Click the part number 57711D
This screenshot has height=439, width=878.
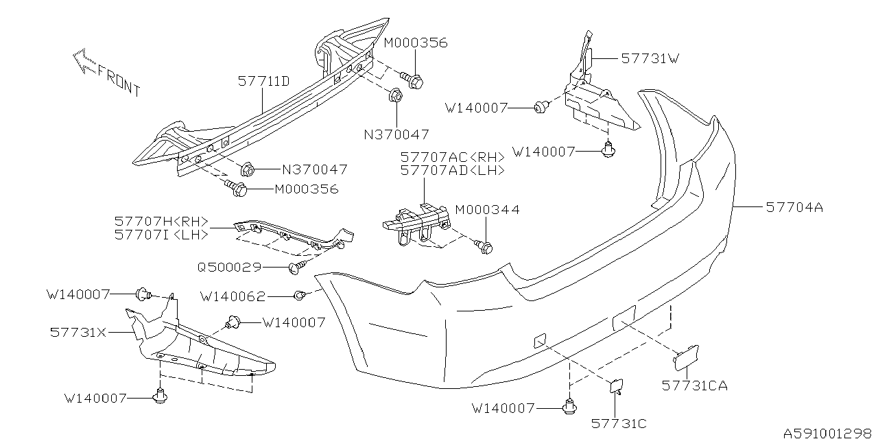263,82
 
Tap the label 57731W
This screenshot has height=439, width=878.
650,59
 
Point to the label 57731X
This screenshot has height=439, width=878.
78,331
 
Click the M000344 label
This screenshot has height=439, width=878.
487,210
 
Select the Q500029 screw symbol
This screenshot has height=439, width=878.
297,268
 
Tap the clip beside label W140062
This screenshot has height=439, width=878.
300,296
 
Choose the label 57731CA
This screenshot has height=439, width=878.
694,385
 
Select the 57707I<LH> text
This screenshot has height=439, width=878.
162,234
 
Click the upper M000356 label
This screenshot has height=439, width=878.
415,43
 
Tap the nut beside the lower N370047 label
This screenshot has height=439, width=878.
249,168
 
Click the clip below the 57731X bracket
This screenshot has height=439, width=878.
162,396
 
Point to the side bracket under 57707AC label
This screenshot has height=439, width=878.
415,223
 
